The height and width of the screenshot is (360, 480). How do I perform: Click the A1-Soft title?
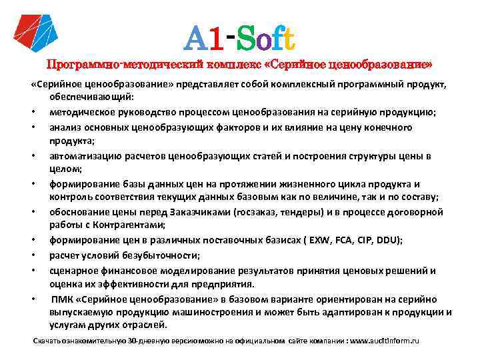(239, 38)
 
